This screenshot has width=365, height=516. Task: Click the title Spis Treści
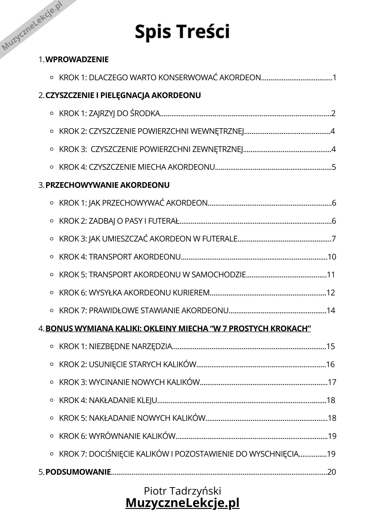pos(182,31)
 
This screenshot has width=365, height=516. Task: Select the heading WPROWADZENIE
pos(77,60)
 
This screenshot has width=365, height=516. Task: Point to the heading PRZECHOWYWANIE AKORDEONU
pos(107,185)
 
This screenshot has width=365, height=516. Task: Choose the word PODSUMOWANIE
pos(78,472)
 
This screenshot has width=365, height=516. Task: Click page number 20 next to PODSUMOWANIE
pos(332,472)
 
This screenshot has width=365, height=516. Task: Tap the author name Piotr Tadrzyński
pos(182,491)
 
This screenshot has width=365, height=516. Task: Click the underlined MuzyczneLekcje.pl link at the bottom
pos(182,503)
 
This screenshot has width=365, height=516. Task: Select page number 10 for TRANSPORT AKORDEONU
pos(332,257)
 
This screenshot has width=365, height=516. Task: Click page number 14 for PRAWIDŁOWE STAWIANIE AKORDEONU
pos(331,311)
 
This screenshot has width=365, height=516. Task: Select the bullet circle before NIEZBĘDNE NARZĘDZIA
pos(52,346)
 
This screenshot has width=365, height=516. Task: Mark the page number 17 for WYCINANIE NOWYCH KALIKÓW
pos(332,382)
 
